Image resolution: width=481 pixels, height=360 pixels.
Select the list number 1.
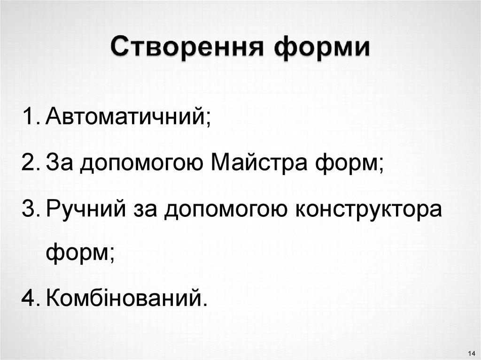pos(30,115)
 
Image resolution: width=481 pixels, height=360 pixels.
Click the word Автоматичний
pos(125,116)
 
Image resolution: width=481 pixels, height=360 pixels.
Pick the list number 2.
pos(30,163)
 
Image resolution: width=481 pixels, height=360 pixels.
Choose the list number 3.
pos(30,209)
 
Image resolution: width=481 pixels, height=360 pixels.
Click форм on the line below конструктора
pos(78,254)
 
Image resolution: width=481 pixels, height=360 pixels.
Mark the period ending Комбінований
pos(204,305)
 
